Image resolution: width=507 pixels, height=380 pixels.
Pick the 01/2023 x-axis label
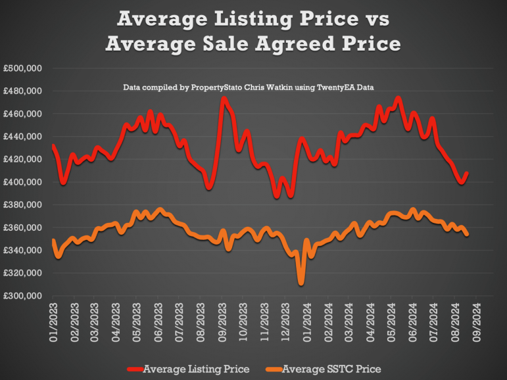54,319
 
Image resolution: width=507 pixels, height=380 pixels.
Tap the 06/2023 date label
160,319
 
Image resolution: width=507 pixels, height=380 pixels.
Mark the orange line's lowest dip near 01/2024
301,283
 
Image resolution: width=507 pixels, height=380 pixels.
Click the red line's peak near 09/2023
224,99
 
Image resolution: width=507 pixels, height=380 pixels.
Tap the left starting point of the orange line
53,241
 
